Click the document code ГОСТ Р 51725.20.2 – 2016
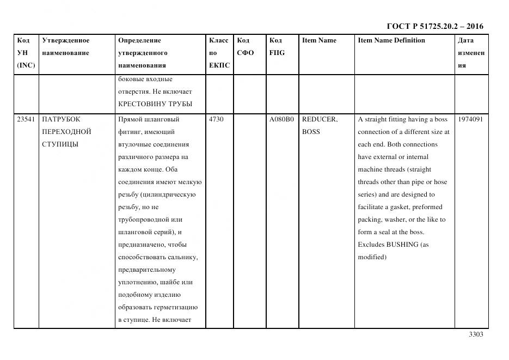tap(435, 26)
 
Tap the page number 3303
tap(476, 334)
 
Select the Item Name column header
tap(319, 40)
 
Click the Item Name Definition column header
tap(391, 40)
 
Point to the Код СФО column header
tap(246, 47)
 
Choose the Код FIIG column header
tap(277, 47)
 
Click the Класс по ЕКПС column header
tap(219, 53)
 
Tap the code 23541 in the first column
tap(26, 119)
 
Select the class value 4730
tap(216, 119)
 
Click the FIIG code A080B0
tap(281, 119)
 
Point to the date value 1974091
tap(470, 119)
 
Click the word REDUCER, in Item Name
tap(320, 119)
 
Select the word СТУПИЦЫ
tap(60, 144)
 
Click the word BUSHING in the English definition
tap(402, 245)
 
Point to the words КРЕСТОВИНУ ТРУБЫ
tap(155, 104)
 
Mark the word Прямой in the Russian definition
tap(130, 119)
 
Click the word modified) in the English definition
tap(372, 257)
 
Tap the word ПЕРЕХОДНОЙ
tap(66, 132)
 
